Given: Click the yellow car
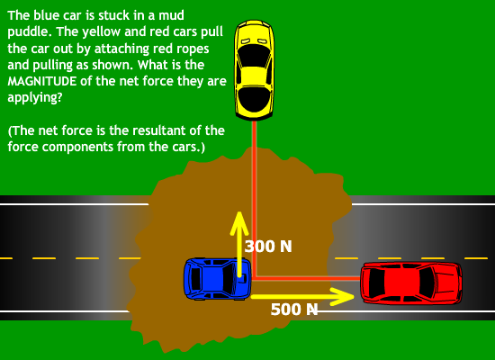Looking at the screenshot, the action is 254,70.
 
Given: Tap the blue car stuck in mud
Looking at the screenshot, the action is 218,278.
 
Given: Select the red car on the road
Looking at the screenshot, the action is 411,283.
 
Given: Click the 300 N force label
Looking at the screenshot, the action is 268,247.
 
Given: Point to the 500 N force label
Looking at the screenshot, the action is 294,310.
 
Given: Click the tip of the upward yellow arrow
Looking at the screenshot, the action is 239,212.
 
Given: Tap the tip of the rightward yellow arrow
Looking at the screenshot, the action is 354,296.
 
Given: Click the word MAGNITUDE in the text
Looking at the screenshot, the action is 42,82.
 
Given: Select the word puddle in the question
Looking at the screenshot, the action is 28,32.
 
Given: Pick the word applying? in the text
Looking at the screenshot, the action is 35,98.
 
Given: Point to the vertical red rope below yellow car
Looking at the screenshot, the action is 254,199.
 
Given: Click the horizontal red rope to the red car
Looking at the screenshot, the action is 306,278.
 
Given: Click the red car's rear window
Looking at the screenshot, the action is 376,283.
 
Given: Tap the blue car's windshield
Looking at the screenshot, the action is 228,278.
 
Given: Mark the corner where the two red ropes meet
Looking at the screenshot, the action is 254,278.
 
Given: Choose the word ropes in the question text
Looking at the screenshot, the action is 193,49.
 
